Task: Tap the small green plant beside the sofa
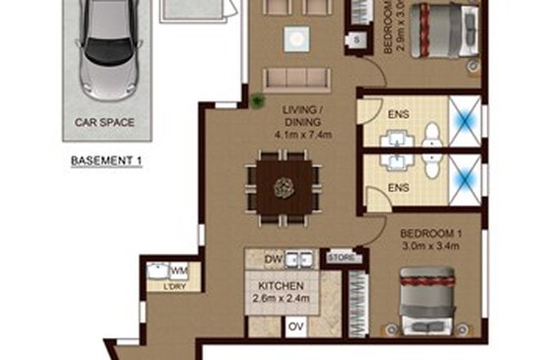257,101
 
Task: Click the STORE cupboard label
340,259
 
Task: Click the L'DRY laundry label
173,286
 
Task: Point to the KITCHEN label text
281,286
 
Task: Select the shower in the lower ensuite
463,173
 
